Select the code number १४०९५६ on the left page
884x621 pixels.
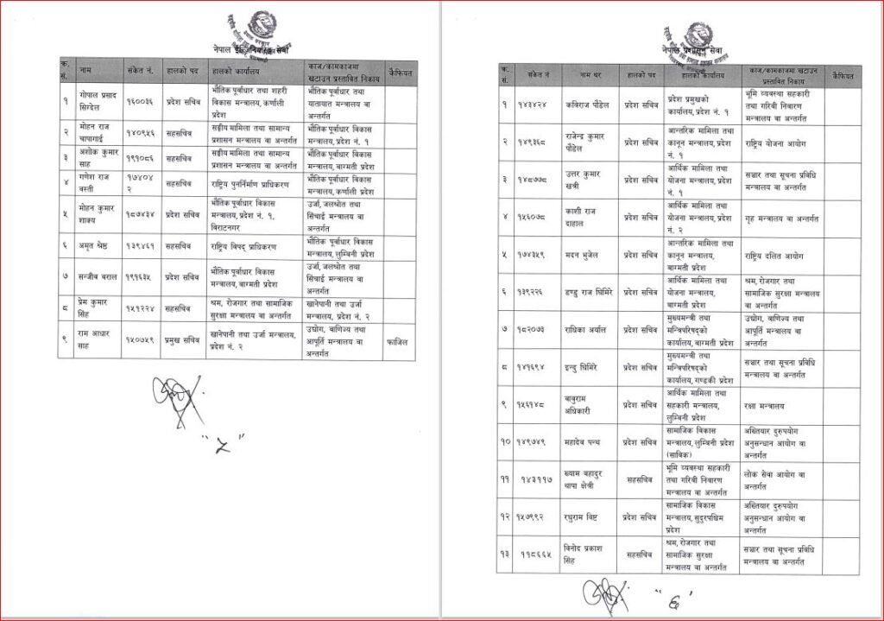[x=141, y=133]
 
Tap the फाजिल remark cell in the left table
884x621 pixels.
[x=398, y=341]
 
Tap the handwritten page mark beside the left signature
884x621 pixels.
[x=230, y=447]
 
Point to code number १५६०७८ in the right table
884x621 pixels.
[x=539, y=219]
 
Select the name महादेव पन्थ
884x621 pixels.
[x=583, y=440]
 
